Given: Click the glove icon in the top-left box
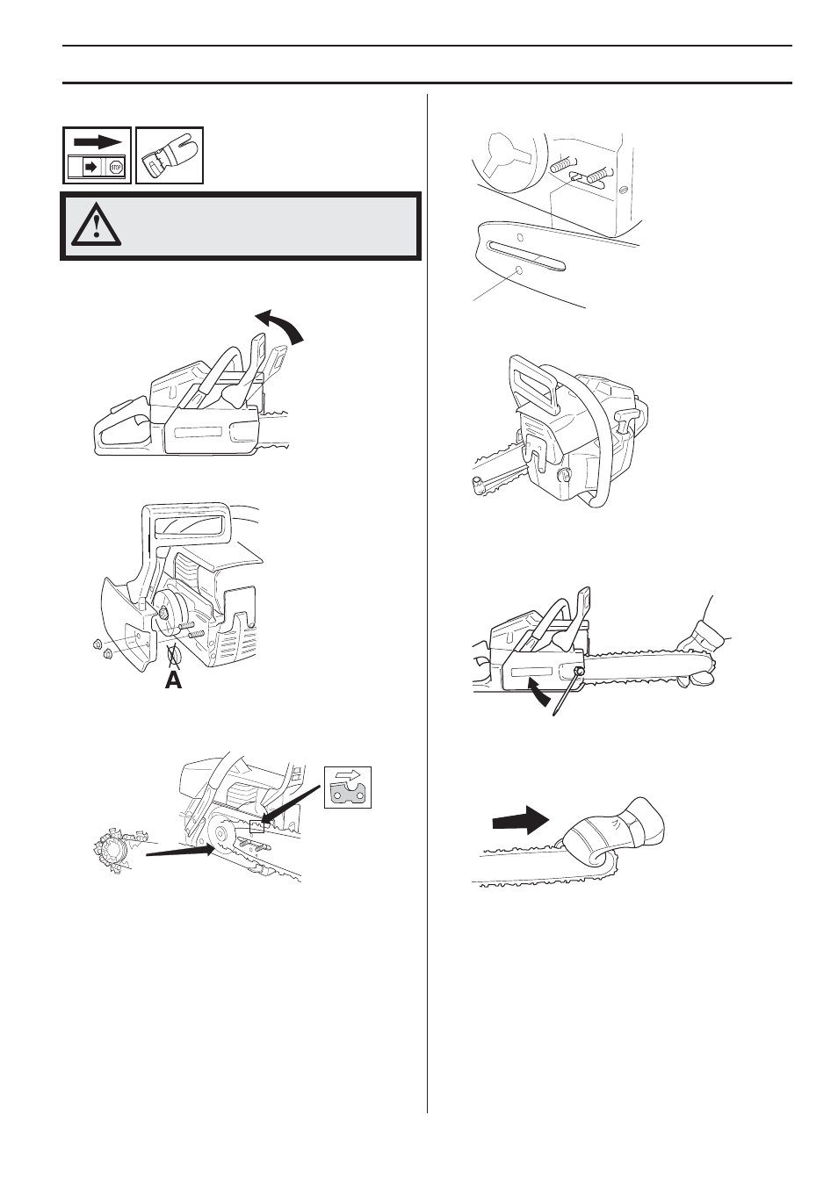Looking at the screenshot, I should point(170,155).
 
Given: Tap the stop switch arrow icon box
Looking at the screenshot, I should point(97,155).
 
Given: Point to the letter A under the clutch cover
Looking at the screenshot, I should point(175,679).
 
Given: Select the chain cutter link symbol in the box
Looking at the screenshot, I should point(348,787).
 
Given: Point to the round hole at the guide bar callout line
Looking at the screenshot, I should point(519,272).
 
